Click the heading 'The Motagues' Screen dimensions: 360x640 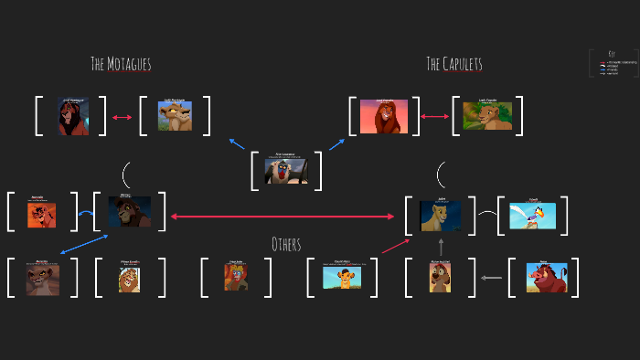pyautogui.click(x=121, y=64)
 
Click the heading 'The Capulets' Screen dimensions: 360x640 pyautogui.click(x=453, y=64)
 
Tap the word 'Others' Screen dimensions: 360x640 pyautogui.click(x=286, y=244)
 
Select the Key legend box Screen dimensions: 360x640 pyautogui.click(x=612, y=63)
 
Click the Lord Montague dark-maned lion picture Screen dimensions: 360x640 pyautogui.click(x=73, y=117)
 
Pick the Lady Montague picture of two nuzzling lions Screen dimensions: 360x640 pyautogui.click(x=175, y=116)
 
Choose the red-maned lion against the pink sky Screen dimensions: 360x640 pyautogui.click(x=383, y=117)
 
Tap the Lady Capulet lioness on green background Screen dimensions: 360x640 pyautogui.click(x=487, y=116)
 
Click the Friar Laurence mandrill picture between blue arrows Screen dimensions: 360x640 pyautogui.click(x=286, y=171)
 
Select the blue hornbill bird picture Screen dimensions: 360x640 pyautogui.click(x=533, y=216)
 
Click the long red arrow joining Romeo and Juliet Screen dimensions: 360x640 pyautogui.click(x=283, y=217)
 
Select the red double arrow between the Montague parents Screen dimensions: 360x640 pyautogui.click(x=123, y=117)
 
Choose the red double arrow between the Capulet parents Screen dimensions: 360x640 pyautogui.click(x=434, y=117)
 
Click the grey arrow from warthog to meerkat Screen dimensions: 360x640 pyautogui.click(x=492, y=278)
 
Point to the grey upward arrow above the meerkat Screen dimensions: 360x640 pyautogui.click(x=441, y=246)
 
